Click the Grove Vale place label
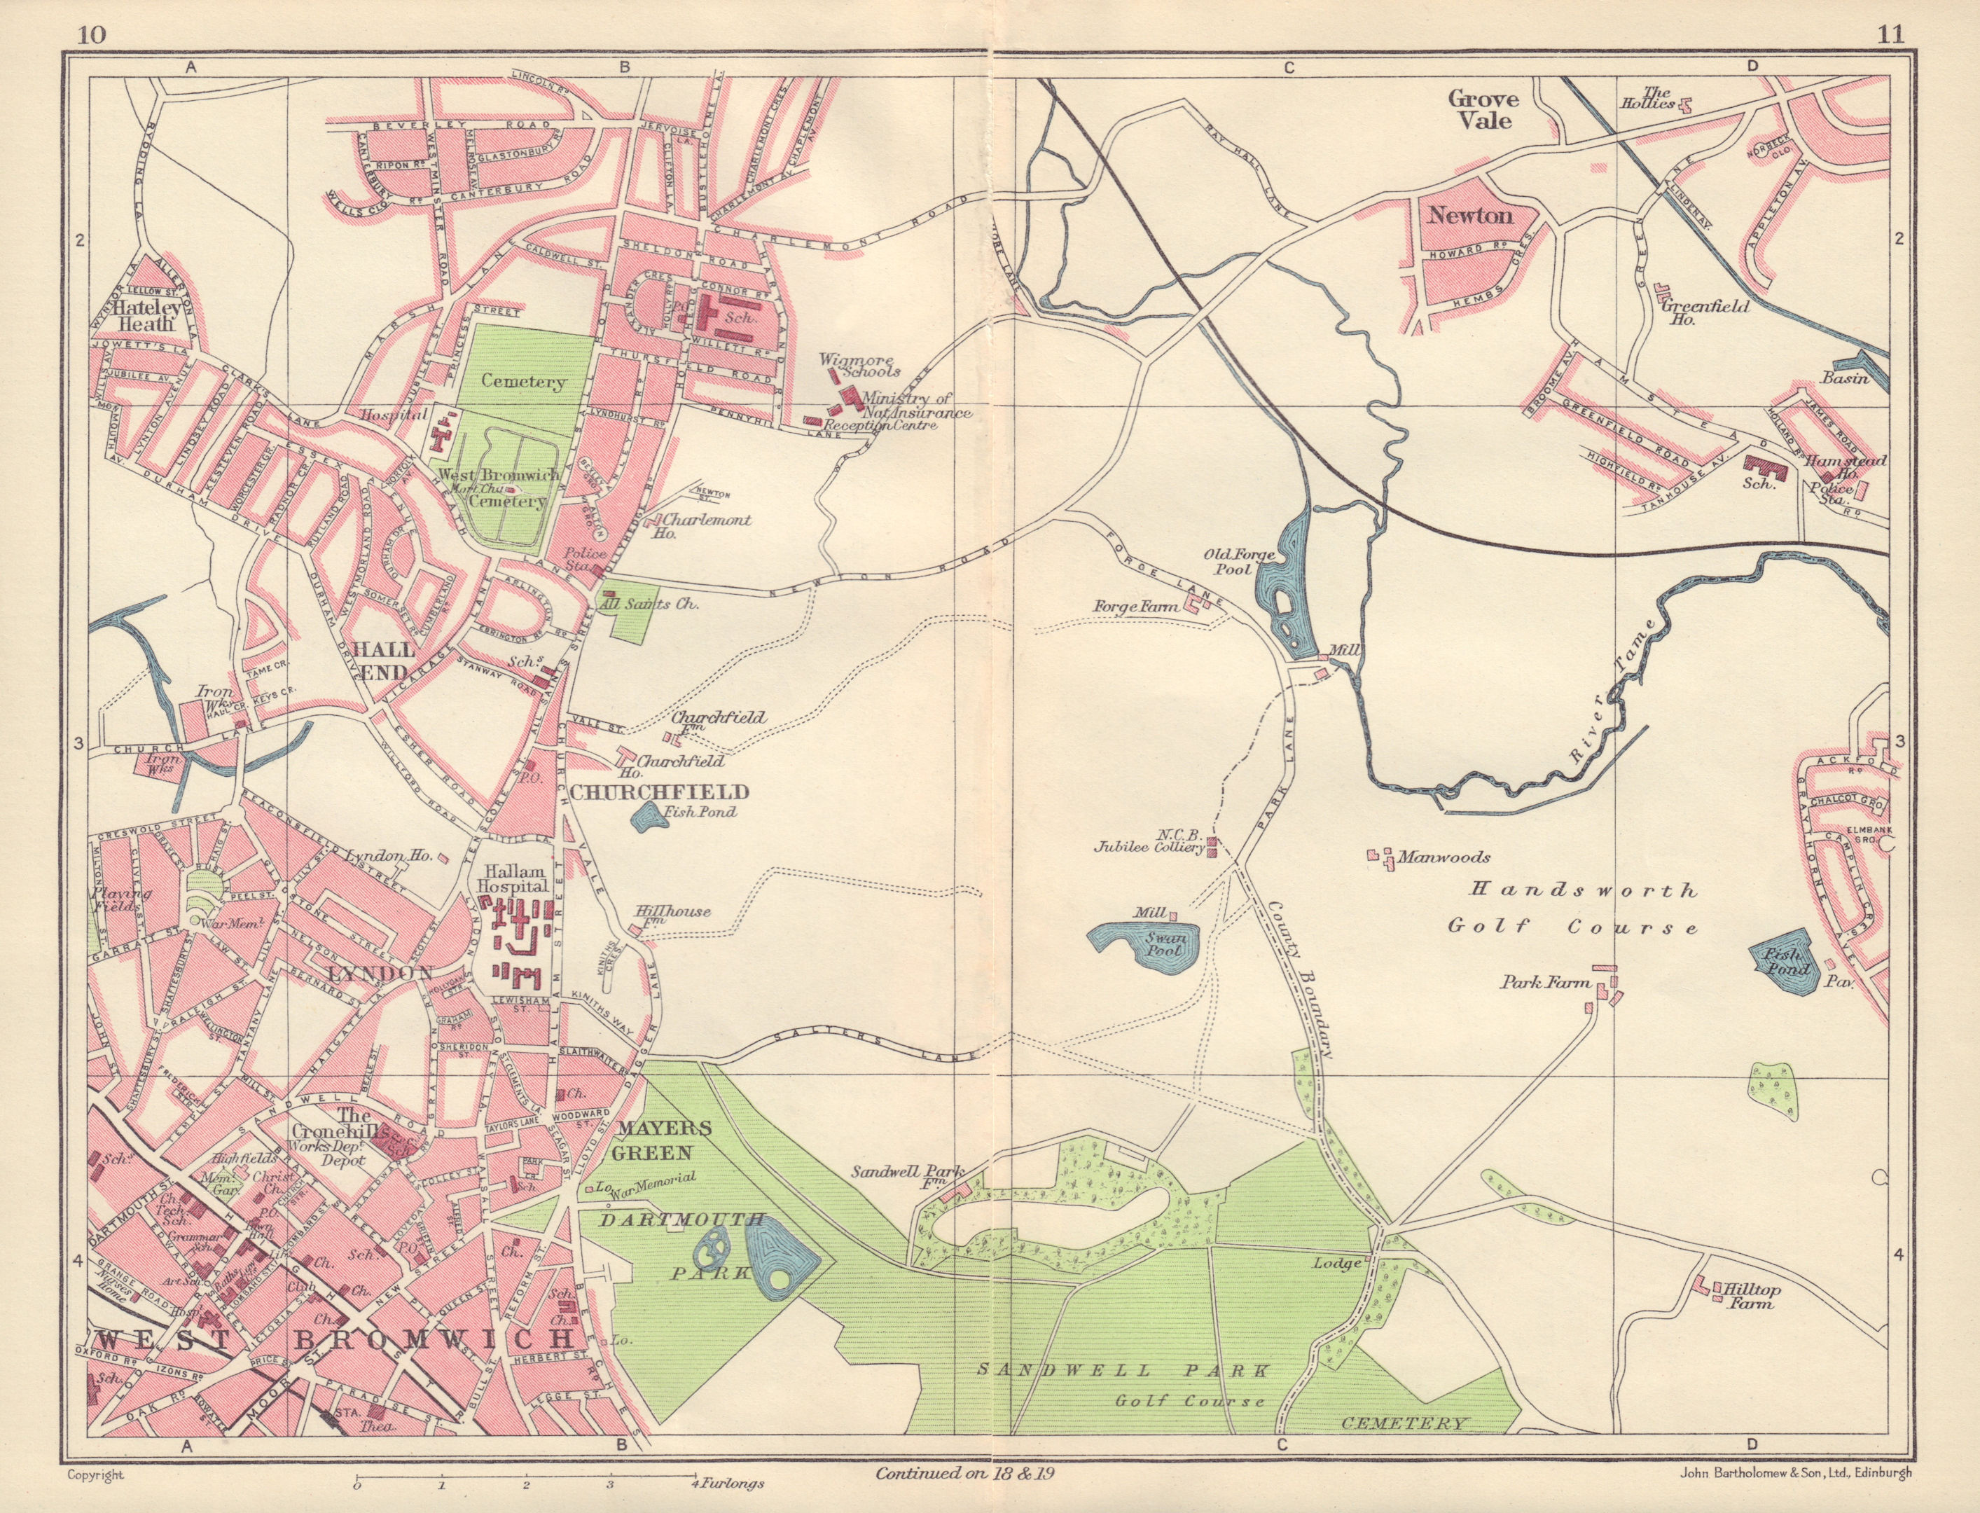pos(1483,109)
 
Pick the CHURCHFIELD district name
pos(659,792)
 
